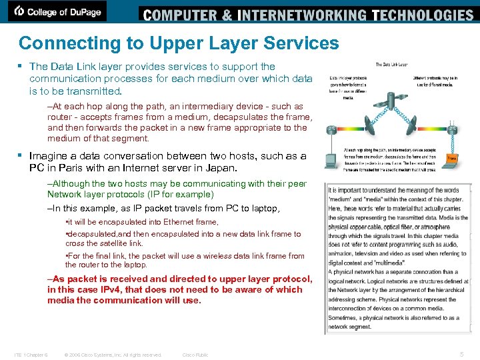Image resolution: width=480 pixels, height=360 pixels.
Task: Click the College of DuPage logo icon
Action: tap(19, 11)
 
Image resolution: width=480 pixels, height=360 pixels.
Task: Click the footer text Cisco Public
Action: tap(195, 355)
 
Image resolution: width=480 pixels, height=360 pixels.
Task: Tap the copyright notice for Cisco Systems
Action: tap(113, 355)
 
